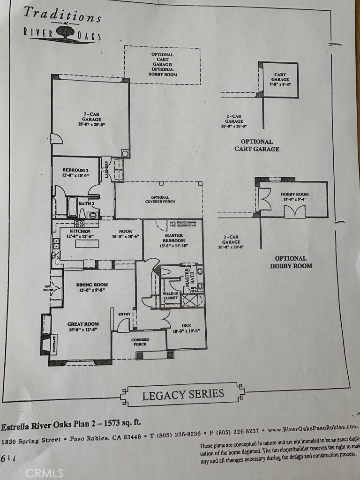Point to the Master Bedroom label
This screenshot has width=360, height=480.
pos(173,238)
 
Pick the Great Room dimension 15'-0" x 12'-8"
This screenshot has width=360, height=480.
pos(82,330)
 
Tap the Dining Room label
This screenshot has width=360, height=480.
pos(92,285)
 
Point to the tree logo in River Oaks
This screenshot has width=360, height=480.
pos(65,32)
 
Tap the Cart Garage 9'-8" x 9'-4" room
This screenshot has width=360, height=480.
pos(280,80)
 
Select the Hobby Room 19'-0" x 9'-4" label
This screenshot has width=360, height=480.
pos(294,196)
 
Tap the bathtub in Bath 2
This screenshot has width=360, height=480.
pos(72,207)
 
